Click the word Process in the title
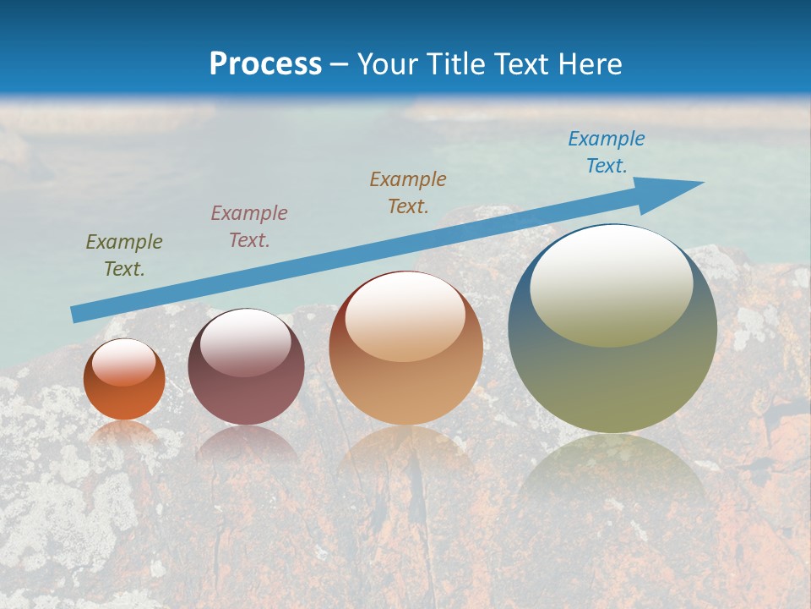pos(265,64)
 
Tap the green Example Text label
pos(124,255)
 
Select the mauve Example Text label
pos(249,227)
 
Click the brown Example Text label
pos(408,193)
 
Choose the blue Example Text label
pos(607,152)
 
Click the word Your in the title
pos(387,64)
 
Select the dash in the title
pos(340,64)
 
